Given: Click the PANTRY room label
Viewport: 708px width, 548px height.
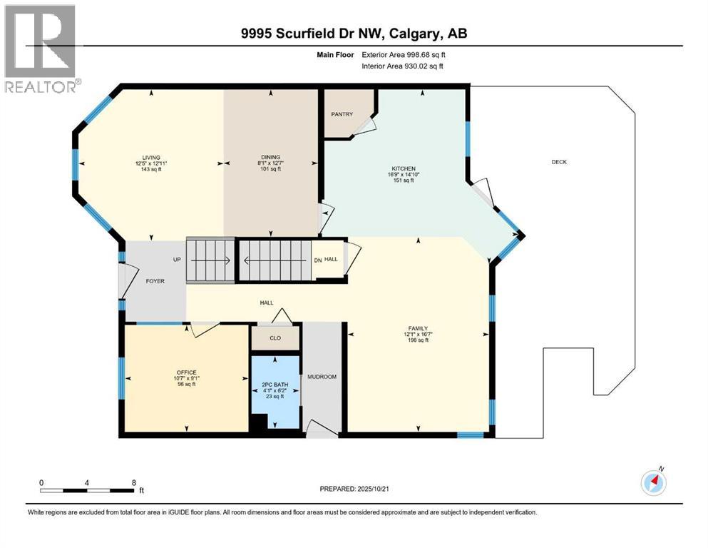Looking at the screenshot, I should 342,114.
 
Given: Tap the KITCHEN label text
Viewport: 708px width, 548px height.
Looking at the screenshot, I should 402,168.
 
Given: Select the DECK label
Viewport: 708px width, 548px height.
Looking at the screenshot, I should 559,162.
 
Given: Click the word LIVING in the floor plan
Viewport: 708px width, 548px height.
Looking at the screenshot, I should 150,157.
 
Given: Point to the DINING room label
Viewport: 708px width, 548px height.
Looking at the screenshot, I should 270,157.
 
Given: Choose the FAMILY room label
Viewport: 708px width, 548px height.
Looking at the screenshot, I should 417,328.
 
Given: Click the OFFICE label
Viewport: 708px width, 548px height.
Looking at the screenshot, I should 187,372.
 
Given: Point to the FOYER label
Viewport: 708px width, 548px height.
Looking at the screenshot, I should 155,281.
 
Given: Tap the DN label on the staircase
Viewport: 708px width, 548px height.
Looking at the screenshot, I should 317,260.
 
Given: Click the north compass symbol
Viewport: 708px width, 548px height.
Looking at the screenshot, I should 653,482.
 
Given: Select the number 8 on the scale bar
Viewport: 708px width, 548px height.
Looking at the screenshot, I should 134,482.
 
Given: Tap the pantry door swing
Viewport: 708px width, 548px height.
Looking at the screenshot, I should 365,126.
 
